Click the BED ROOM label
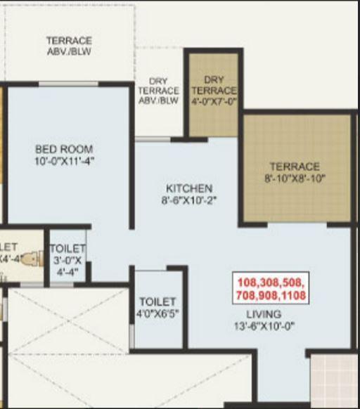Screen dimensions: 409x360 click(63, 149)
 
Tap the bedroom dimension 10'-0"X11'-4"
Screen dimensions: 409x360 click(63, 160)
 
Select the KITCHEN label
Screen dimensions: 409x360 click(188, 188)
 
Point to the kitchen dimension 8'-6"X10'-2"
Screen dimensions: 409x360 click(188, 200)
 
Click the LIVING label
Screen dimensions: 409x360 click(264, 314)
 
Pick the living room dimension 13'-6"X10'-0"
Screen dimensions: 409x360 click(264, 325)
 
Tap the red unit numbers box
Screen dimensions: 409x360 click(270, 288)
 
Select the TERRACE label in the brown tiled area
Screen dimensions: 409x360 click(295, 167)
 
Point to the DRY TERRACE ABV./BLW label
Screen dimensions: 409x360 click(158, 91)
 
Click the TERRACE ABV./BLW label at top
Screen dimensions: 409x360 click(69, 46)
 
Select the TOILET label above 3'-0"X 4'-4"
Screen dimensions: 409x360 click(67, 249)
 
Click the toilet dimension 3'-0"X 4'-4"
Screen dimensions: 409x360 click(67, 266)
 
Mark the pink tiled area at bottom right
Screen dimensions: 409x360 click(335, 379)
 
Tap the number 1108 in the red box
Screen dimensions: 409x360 click(291, 295)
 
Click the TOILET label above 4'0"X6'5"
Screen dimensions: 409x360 click(157, 301)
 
